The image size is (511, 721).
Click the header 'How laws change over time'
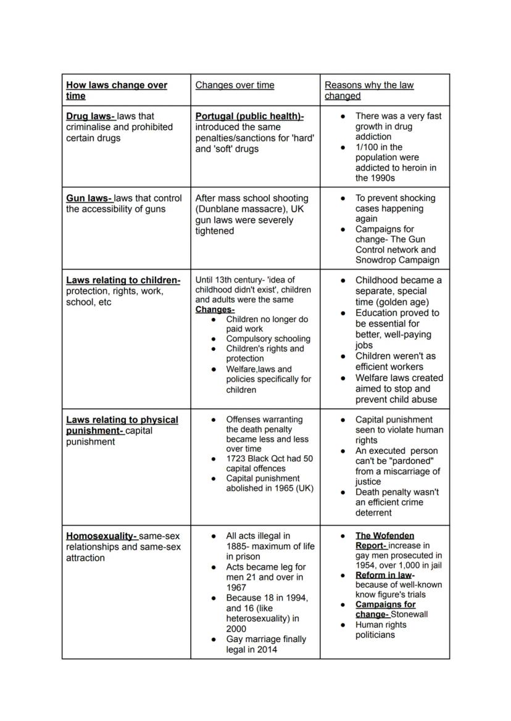(116, 90)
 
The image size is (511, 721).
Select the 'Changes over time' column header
(235, 85)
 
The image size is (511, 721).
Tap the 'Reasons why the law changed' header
(369, 90)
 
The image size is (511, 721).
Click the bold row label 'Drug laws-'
(90, 116)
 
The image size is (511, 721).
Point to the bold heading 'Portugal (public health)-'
(249, 116)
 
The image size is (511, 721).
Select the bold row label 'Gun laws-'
(89, 198)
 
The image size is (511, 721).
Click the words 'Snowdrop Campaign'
(397, 260)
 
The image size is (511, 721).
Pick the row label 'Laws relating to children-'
(123, 280)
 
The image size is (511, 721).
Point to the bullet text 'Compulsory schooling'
(268, 339)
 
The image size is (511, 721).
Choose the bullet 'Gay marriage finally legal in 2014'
(266, 644)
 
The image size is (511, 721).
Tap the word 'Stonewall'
(409, 614)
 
